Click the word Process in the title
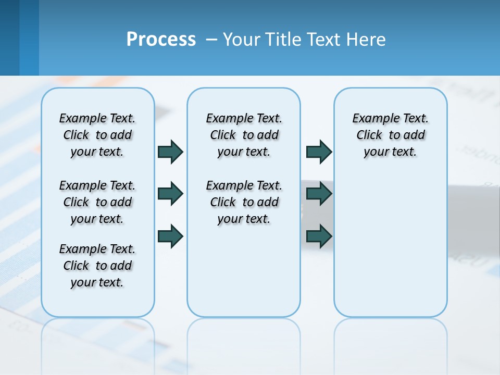161,39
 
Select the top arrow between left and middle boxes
170,152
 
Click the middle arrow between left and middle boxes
170,194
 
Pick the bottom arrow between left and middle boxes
170,236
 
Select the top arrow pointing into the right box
319,152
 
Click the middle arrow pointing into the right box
319,194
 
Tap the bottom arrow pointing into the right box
319,236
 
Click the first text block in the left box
97,135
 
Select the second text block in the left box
97,202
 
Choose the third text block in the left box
97,266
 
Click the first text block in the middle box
244,135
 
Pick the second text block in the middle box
244,202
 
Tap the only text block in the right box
390,135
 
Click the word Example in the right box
371,119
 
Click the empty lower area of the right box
390,250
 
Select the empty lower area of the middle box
244,271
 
